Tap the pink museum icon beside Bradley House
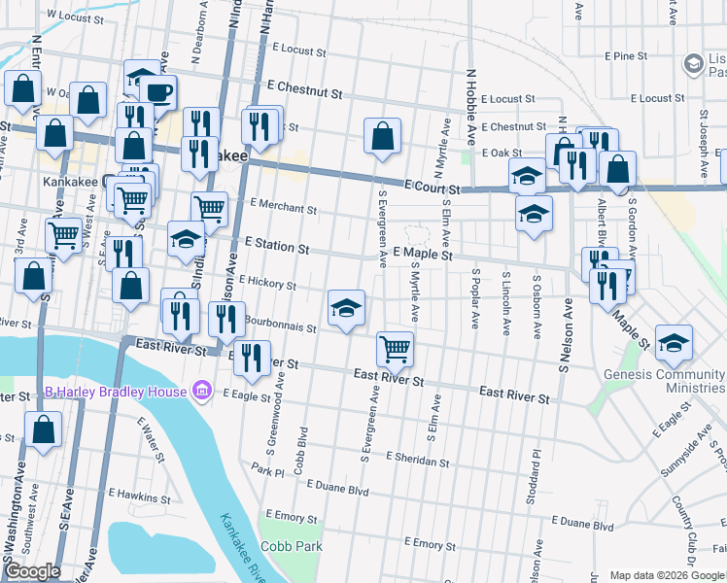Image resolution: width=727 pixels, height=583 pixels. [202, 392]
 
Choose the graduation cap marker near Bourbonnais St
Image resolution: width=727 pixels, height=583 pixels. [347, 308]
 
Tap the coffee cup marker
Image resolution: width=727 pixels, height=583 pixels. [158, 93]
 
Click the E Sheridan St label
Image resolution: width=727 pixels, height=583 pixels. [418, 458]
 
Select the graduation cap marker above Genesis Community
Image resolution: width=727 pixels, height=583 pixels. [675, 341]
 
